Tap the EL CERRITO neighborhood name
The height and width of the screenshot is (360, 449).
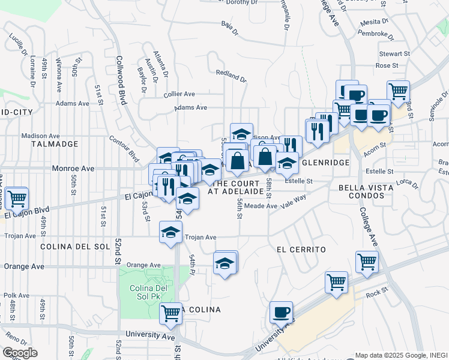coord(301,249)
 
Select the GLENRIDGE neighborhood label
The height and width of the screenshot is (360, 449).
coord(326,163)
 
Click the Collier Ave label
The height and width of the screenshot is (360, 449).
coord(179,94)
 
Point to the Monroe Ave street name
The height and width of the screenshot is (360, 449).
coord(73,169)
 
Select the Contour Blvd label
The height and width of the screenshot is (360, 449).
coord(124,148)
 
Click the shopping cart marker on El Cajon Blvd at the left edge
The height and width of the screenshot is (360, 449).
coord(17,197)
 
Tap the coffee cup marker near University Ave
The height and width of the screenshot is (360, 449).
coord(281,312)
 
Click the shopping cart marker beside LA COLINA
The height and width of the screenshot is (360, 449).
coord(171,313)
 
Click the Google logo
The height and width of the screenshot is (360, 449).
coord(20,353)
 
